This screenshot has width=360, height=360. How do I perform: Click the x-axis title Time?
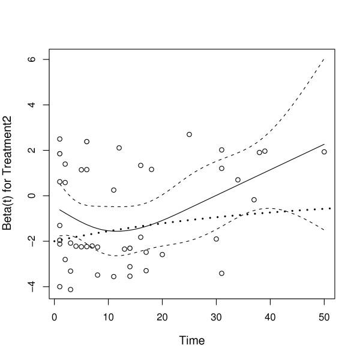tap(192, 341)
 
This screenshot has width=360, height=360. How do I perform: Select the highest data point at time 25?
tap(189, 134)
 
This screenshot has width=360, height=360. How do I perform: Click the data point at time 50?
tap(324, 152)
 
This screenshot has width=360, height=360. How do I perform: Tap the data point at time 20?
tap(162, 254)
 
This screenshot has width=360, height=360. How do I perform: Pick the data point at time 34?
tap(238, 179)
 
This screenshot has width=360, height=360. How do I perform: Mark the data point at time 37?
tap(254, 200)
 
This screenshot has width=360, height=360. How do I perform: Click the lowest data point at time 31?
tap(221, 273)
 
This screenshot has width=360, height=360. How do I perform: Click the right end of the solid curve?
tap(324, 144)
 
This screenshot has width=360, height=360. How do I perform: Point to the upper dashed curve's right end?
tap(324, 59)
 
